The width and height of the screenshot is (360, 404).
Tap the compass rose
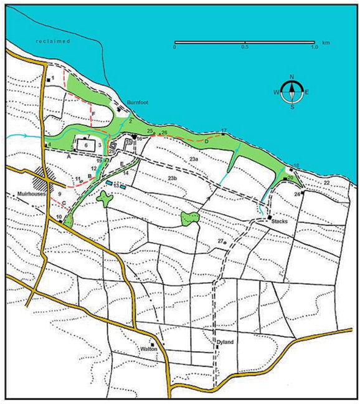click(292, 92)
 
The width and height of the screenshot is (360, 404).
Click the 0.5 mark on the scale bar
click(245, 47)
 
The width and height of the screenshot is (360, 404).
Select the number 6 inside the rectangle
click(85, 144)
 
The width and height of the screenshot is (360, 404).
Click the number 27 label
click(220, 241)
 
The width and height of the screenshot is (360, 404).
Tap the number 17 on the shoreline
click(224, 130)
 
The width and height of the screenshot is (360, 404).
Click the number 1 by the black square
click(54, 78)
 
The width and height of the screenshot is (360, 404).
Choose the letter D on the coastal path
click(206, 141)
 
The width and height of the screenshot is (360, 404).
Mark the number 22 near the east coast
click(326, 182)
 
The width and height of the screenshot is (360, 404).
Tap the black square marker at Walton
click(152, 344)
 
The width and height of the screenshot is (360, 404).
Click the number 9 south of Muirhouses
click(60, 195)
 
